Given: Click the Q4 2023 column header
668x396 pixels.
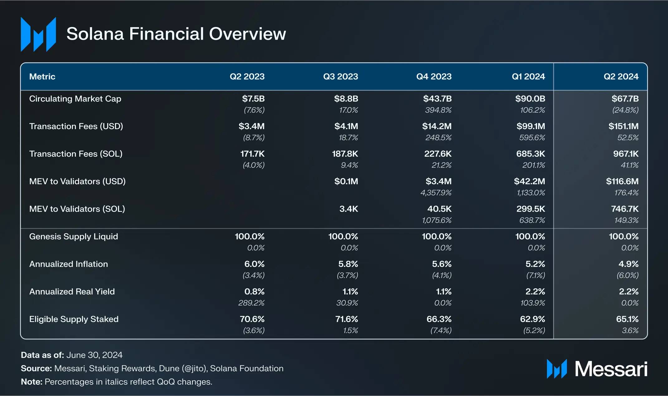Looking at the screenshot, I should tap(434, 77).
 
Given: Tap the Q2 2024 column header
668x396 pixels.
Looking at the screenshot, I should tap(621, 77).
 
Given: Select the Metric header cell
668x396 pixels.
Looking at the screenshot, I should tap(42, 77).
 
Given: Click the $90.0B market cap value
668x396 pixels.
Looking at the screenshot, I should tap(530, 99).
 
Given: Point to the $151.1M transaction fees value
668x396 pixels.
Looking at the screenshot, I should tap(623, 126).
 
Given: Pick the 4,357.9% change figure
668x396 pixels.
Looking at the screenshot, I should tap(436, 193).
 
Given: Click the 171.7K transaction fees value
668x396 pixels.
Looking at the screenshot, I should tap(252, 154).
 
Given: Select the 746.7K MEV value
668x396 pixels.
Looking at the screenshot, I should tap(625, 209).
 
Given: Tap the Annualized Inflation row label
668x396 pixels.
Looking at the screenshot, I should tap(69, 264).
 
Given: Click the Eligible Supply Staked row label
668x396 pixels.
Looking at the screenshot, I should tap(74, 319).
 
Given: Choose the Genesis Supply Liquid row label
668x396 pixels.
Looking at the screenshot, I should tap(74, 237).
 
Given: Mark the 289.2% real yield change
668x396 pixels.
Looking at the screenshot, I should tap(251, 303).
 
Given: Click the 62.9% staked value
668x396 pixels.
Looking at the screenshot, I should tap(532, 319).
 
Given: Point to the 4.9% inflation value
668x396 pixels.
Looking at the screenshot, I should tap(628, 264).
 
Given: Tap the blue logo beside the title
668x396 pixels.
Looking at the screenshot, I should tap(38, 34).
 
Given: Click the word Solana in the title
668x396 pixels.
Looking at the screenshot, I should tap(95, 34).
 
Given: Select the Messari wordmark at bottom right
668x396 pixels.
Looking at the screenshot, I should tap(611, 369).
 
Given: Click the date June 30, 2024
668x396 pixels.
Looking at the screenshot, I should tap(94, 355).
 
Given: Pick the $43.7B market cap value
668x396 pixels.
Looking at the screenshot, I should tap(437, 99).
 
